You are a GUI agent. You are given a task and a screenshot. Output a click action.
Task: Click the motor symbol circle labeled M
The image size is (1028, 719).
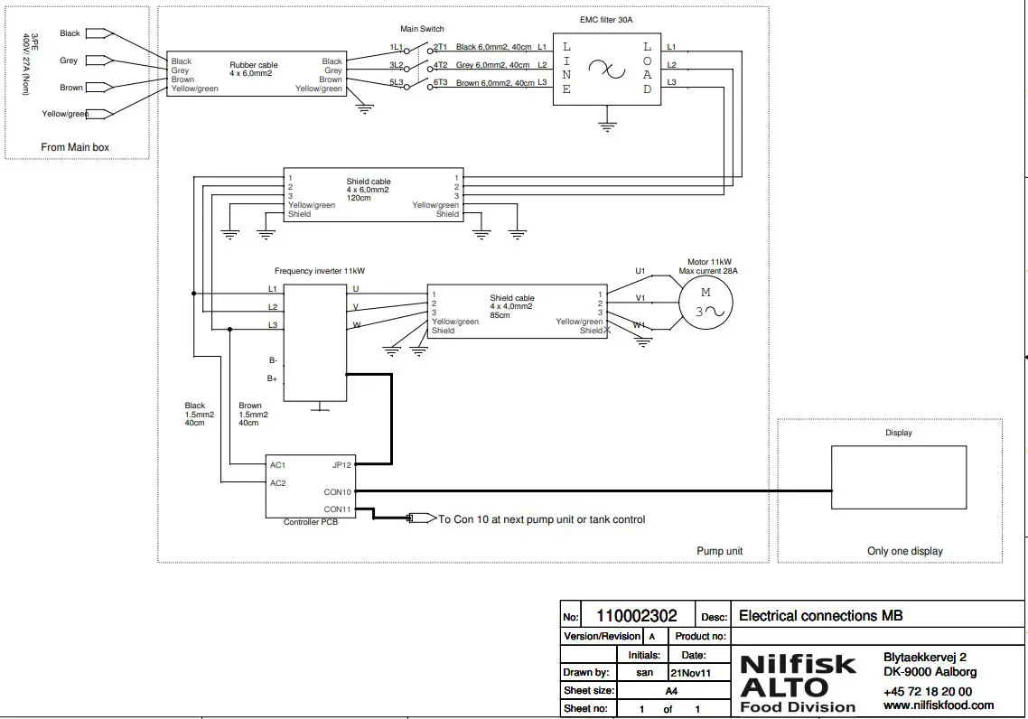[706, 303]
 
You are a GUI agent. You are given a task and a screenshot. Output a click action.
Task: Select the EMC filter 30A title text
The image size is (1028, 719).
[606, 19]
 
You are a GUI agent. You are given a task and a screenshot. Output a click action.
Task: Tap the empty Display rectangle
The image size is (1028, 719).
[899, 476]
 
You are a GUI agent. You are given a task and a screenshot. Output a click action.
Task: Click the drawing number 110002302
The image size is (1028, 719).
[636, 616]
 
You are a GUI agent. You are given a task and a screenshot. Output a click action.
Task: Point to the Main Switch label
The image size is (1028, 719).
[422, 30]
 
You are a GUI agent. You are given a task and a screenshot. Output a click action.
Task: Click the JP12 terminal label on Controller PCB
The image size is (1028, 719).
[341, 465]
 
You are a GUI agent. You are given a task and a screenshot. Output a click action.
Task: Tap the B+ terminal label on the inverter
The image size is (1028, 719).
[272, 378]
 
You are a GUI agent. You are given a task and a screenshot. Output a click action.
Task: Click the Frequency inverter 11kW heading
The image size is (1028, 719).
[320, 271]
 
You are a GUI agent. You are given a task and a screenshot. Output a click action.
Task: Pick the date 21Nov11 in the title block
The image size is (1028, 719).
[689, 673]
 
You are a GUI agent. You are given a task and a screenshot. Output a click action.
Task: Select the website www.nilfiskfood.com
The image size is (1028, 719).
[938, 705]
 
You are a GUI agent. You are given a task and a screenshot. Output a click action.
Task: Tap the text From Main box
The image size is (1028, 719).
[75, 147]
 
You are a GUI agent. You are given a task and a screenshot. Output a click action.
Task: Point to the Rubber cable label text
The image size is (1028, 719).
[254, 65]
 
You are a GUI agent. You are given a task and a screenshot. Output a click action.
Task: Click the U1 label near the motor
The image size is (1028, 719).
[640, 271]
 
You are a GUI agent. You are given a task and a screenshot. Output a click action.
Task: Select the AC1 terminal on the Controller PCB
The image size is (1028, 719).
[278, 465]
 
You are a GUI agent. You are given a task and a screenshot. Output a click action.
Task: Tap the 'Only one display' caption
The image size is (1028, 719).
[904, 551]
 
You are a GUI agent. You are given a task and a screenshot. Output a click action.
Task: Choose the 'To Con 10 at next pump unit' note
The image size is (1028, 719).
[541, 519]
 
